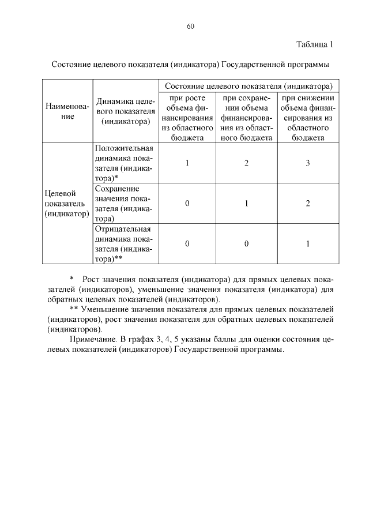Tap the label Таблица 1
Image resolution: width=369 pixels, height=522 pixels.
click(x=315, y=44)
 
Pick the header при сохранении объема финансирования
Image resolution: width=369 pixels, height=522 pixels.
click(x=246, y=117)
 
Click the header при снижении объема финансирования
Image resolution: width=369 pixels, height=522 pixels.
click(x=308, y=117)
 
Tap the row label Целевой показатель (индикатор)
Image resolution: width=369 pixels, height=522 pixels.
click(x=67, y=204)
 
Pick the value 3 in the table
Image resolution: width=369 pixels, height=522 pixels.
click(x=308, y=163)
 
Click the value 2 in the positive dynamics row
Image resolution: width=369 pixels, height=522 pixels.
click(x=246, y=163)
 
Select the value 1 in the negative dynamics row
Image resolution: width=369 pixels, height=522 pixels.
click(x=308, y=244)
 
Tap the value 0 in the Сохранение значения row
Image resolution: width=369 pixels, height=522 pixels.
click(x=187, y=204)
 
